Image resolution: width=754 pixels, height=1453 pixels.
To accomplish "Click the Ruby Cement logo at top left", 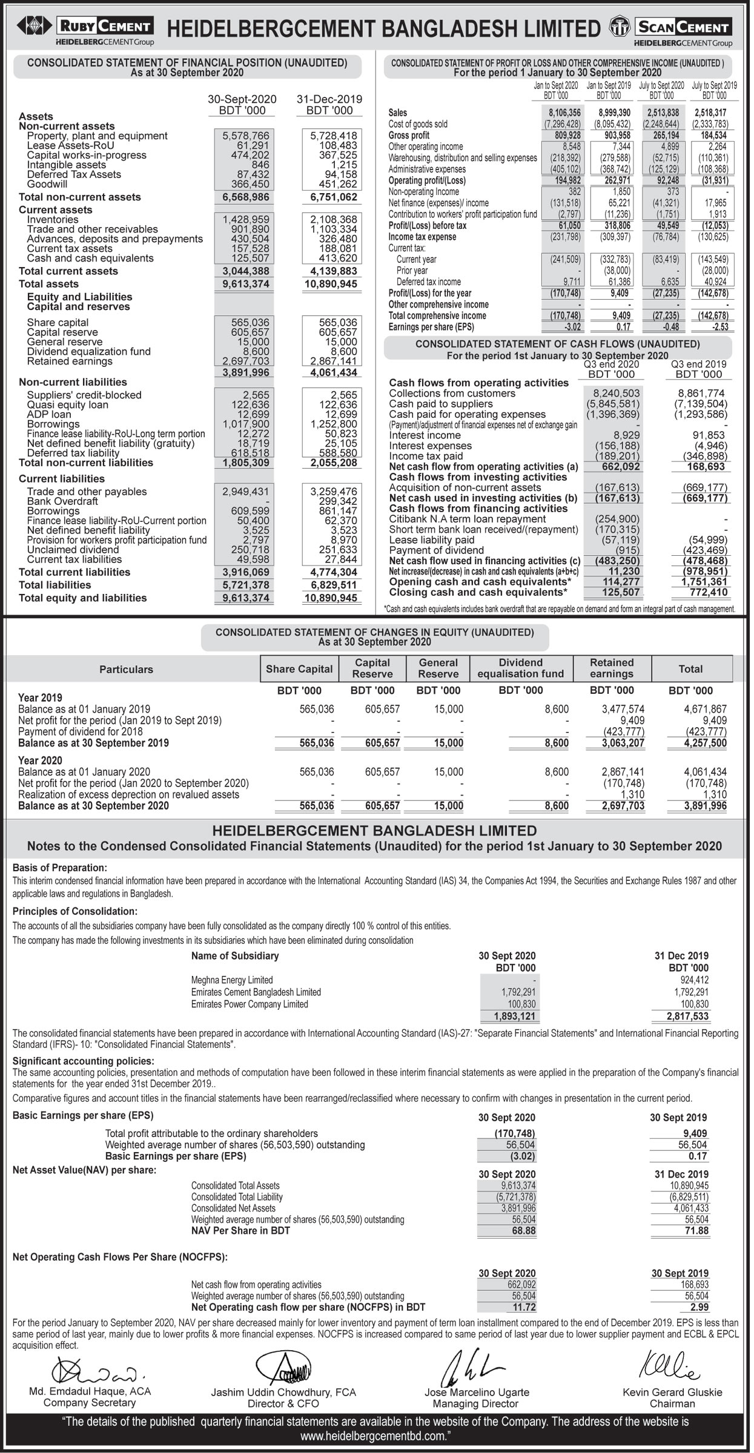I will click(85, 28).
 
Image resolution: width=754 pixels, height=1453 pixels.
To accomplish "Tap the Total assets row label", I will click(48, 284).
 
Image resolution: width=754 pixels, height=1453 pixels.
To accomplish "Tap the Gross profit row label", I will click(409, 135).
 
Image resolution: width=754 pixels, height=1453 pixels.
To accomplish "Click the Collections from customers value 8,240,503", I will click(616, 393).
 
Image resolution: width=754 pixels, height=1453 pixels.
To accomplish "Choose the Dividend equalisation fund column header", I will click(520, 668).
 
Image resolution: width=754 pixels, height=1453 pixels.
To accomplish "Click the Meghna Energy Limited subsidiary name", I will click(232, 980).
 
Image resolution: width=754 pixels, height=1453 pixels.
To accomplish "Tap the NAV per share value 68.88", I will click(523, 1231).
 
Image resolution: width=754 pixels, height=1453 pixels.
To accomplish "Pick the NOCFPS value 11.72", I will click(523, 1307).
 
